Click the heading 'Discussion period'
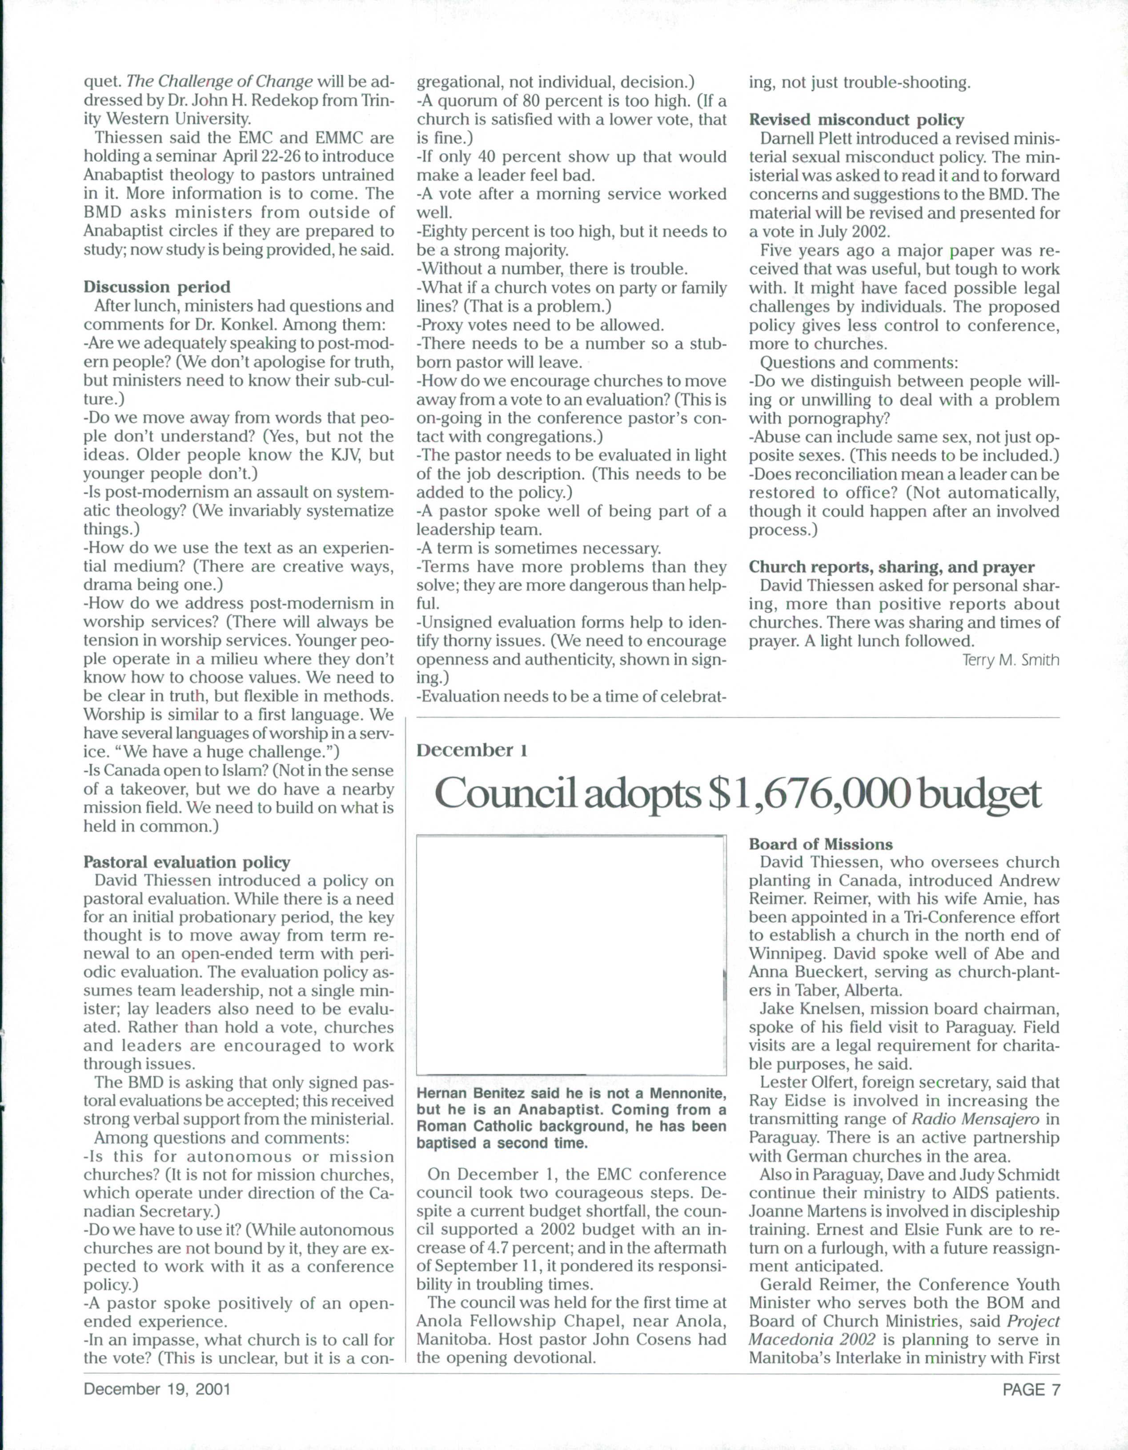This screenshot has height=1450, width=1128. coord(157,288)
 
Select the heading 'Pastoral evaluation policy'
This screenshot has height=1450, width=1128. coord(187,862)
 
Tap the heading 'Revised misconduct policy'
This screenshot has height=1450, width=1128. coord(856,120)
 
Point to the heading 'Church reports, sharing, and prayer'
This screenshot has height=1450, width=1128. coord(891,567)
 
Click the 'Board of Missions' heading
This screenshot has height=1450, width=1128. coord(821,845)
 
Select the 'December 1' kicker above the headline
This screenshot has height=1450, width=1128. coord(471,750)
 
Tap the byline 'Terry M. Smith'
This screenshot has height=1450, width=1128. coord(1011,661)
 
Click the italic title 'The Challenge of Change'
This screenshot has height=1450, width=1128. coord(219,82)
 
